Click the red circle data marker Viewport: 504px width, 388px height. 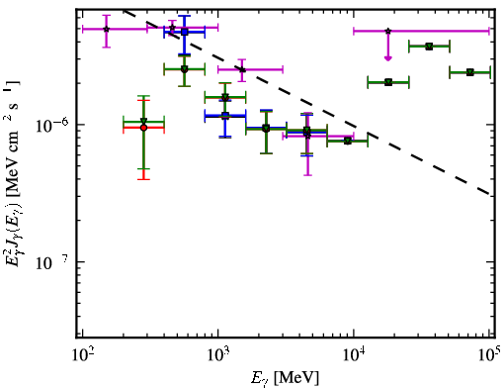point(143,128)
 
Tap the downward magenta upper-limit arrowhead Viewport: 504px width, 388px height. point(388,58)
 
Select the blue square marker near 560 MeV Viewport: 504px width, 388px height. point(185,32)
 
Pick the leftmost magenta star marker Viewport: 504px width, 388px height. point(106,29)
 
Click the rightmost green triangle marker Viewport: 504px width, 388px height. point(470,72)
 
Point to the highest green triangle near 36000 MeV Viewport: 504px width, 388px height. point(429,47)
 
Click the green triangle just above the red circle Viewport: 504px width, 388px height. point(143,121)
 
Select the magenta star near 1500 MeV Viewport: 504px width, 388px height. point(242,69)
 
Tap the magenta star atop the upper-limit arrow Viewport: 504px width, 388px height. point(388,31)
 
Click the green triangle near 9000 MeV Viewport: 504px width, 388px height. point(347,141)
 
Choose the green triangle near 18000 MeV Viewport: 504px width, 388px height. point(388,82)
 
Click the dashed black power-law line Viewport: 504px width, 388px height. point(306,102)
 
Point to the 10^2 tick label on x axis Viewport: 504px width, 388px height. point(82,355)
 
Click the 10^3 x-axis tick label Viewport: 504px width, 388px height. point(218,355)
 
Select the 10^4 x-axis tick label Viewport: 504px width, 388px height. point(354,355)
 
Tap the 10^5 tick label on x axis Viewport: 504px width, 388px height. point(490,355)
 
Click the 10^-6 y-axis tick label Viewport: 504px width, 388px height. point(52,125)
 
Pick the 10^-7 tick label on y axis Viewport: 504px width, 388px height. point(52,262)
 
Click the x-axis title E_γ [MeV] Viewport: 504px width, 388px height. point(285,378)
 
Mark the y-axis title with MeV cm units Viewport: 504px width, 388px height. point(13,171)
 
